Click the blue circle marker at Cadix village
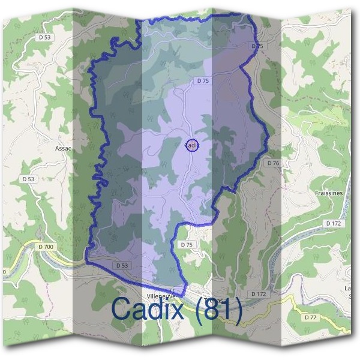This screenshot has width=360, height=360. click(191, 145)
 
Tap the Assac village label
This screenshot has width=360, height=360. click(63, 148)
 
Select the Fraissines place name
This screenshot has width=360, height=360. click(328, 194)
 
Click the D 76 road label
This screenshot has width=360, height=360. click(274, 163)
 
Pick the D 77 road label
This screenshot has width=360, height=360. click(310, 317)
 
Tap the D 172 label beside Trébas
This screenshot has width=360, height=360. click(259, 294)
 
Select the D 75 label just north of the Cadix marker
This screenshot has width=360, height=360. click(202, 80)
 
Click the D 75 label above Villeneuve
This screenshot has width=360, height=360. click(187, 245)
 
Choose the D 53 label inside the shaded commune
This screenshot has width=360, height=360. click(121, 265)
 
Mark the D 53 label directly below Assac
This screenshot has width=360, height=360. click(28, 179)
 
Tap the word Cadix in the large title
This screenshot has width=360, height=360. click(152, 310)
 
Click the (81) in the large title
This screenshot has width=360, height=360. click(220, 310)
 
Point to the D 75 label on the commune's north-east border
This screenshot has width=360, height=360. click(257, 46)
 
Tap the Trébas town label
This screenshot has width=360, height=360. click(213, 299)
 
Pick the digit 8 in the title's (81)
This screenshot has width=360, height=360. click(217, 310)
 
